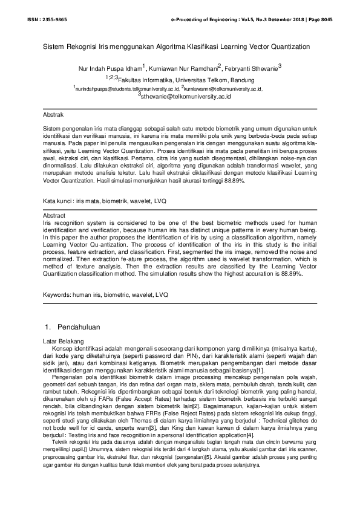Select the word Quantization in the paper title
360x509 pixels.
tap(290, 46)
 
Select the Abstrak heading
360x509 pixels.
tap(53, 114)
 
